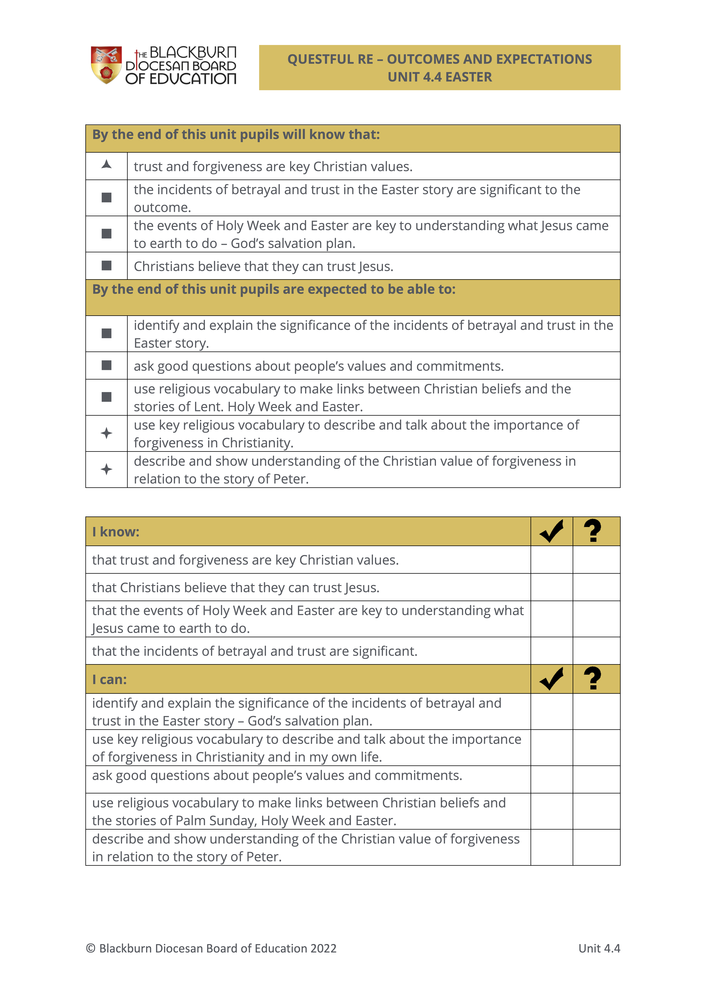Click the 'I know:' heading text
tap(116, 532)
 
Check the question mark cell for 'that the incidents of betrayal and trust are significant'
tap(596, 651)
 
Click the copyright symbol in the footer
tap(91, 948)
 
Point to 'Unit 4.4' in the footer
tap(599, 948)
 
